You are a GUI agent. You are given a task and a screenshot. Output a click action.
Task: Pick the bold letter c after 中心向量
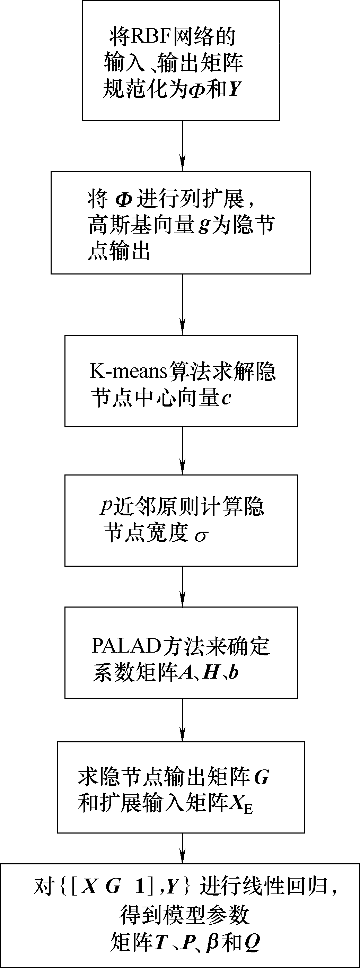coord(226,398)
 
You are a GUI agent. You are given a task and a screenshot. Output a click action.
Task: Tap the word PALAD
coord(126,646)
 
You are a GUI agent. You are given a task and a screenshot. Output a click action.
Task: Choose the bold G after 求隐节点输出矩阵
coord(261,777)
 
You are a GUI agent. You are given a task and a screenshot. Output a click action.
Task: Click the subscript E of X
coord(248,808)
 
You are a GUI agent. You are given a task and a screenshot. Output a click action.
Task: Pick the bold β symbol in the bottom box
coord(212,942)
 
